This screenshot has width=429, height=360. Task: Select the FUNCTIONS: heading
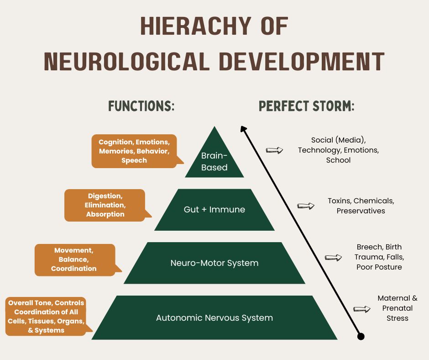click(141, 106)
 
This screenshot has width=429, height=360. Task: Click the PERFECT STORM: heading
click(307, 106)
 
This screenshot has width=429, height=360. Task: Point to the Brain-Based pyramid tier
click(214, 160)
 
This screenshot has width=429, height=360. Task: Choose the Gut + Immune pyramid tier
click(214, 210)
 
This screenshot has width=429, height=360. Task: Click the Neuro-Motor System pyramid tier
click(214, 263)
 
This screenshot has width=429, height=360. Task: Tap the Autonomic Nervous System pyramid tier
click(214, 318)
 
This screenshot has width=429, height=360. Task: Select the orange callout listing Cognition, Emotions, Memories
click(134, 151)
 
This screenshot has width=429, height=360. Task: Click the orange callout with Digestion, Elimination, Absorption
click(105, 205)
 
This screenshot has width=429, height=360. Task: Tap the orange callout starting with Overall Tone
click(46, 316)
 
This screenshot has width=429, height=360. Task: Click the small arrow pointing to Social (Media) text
click(274, 150)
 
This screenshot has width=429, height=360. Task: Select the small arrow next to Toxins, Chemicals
click(306, 206)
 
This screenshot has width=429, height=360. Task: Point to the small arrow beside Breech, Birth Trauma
click(333, 258)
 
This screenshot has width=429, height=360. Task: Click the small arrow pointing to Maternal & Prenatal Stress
click(362, 309)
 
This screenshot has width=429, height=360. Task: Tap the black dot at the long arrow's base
click(361, 337)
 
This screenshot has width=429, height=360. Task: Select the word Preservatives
click(361, 211)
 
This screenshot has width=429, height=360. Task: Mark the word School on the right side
click(338, 160)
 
